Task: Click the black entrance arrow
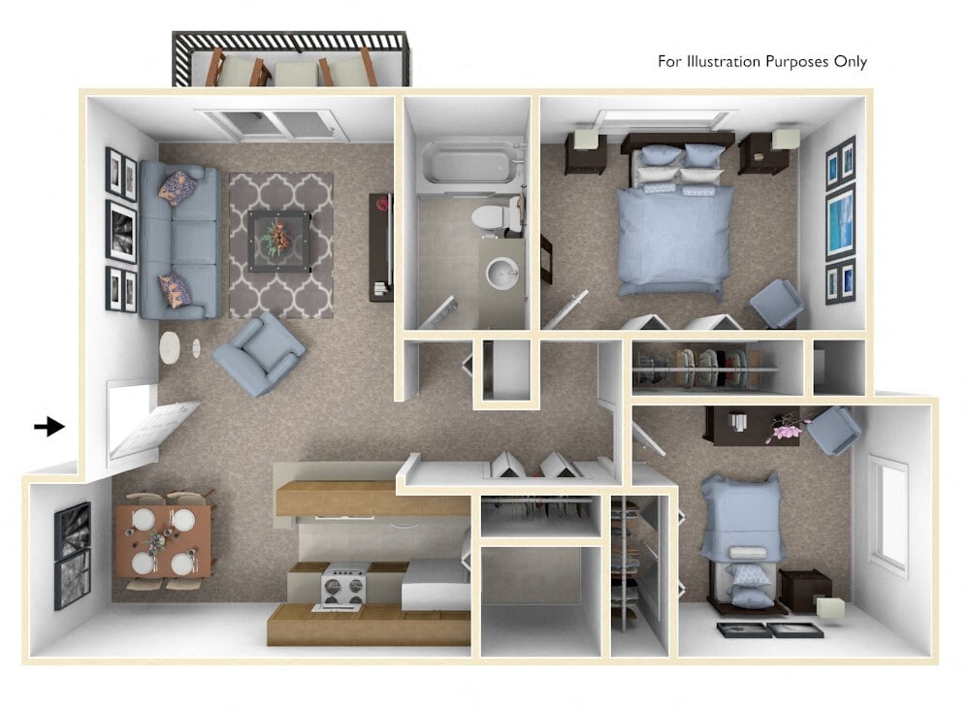click(x=48, y=426)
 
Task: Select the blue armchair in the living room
click(x=258, y=353)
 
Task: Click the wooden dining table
click(x=163, y=539)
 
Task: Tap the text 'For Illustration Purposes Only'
click(x=761, y=62)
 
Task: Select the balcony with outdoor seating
click(x=291, y=60)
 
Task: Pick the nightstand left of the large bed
click(x=586, y=153)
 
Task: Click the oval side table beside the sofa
click(x=171, y=347)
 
